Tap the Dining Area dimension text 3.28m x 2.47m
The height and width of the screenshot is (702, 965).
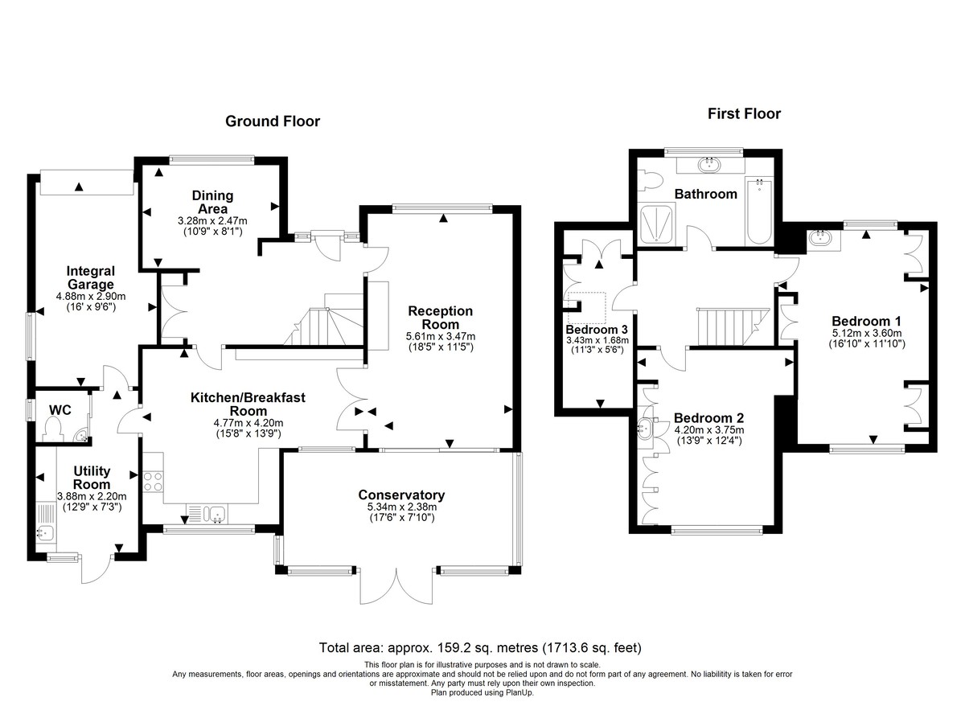tap(212, 220)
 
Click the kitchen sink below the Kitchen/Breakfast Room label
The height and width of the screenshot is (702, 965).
tap(207, 511)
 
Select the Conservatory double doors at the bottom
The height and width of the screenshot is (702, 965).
tap(396, 586)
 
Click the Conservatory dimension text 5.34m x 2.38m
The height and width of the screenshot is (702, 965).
tap(401, 507)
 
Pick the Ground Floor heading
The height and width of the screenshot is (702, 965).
tap(273, 121)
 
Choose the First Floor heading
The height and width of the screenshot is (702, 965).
tap(744, 114)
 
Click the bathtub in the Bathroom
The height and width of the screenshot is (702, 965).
tap(758, 211)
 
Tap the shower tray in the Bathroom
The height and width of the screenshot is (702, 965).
tap(659, 223)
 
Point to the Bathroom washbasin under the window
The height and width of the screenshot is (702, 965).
tap(709, 165)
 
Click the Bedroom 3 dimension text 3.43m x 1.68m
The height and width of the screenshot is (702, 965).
tap(597, 340)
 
